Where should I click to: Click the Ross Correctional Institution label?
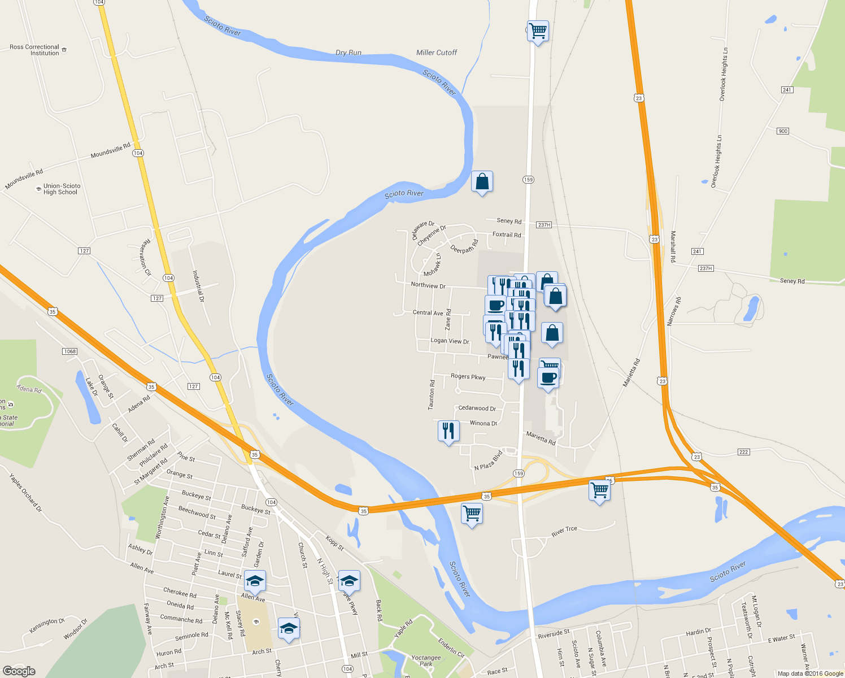(x=34, y=50)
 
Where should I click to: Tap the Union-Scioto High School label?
(x=62, y=189)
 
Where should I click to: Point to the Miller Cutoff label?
(x=437, y=53)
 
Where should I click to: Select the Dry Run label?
(x=349, y=53)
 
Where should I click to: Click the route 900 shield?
(x=782, y=131)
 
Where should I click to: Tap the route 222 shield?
(x=743, y=452)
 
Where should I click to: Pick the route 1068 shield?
(x=69, y=351)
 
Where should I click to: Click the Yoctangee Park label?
(x=426, y=660)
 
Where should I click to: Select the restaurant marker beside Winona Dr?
(x=448, y=431)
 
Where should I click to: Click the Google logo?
(x=19, y=671)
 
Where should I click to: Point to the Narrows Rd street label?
(x=674, y=311)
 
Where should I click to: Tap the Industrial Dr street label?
(x=198, y=286)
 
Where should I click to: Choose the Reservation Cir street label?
(x=146, y=257)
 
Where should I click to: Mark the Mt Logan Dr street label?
(x=756, y=611)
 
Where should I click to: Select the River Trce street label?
(x=564, y=532)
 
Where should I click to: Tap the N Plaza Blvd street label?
(x=489, y=460)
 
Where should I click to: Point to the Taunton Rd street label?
(x=432, y=394)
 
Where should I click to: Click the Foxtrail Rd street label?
(x=507, y=234)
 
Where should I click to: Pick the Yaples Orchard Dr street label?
(x=26, y=493)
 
